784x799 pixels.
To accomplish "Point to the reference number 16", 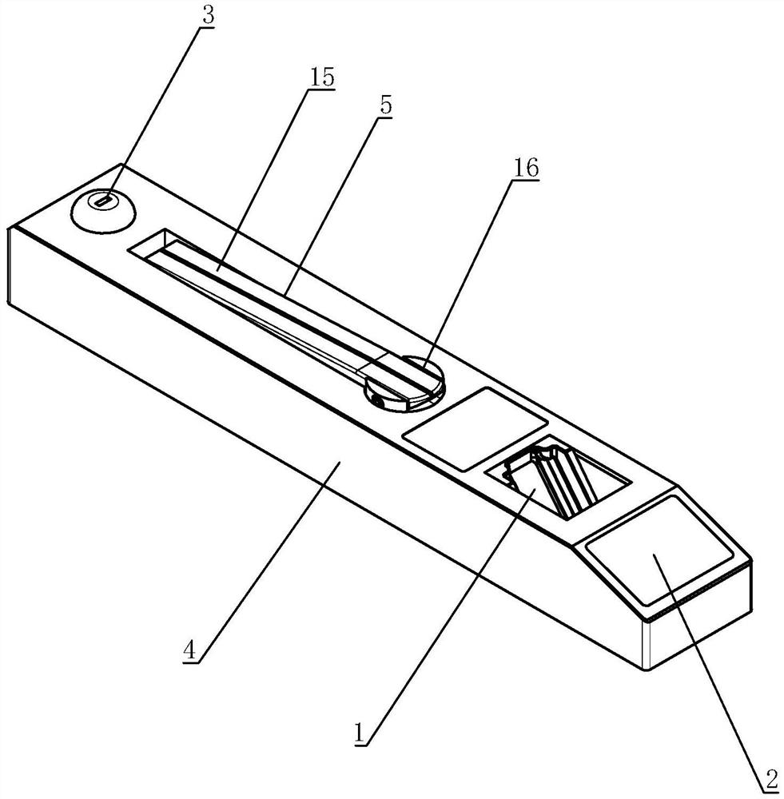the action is (x=526, y=168).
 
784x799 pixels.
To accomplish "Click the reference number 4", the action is (x=189, y=650).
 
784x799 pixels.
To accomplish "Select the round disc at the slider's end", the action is (x=404, y=381).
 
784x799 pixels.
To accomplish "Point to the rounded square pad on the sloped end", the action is (x=660, y=549).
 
